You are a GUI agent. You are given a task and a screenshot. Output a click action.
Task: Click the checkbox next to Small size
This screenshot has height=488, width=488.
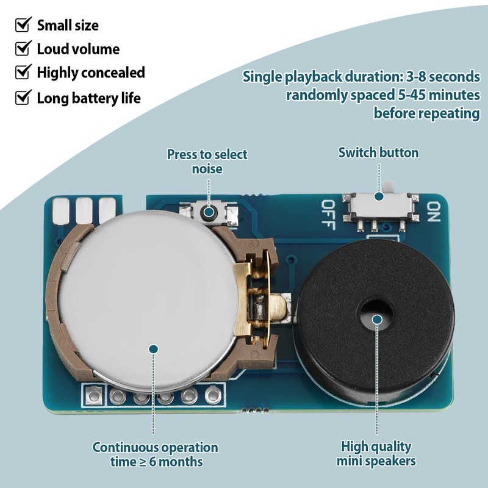pos(23,24)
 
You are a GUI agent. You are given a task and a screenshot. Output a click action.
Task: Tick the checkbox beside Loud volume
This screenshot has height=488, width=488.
pos(23,48)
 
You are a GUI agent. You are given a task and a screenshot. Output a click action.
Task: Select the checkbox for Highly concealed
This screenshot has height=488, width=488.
pos(23,72)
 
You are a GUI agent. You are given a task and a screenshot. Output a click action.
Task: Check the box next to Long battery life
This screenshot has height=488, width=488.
pos(23,97)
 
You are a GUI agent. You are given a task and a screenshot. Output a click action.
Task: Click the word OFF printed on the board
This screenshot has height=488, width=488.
pos(328,215)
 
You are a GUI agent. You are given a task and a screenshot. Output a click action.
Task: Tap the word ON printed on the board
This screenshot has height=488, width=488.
pos(434,212)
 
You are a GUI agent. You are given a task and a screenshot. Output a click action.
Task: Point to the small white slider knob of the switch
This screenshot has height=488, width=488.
pos(387,187)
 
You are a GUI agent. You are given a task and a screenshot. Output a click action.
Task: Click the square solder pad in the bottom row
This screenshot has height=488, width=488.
pos(94,395)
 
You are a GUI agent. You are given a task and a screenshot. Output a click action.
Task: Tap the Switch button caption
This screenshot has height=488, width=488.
pos(378,153)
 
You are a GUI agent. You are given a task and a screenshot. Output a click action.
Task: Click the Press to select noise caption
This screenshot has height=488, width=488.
pos(207,162)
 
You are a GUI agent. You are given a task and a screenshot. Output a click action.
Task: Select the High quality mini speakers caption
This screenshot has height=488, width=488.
pos(376,453)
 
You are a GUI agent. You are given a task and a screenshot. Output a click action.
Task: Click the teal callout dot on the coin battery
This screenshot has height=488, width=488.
pos(154,349)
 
